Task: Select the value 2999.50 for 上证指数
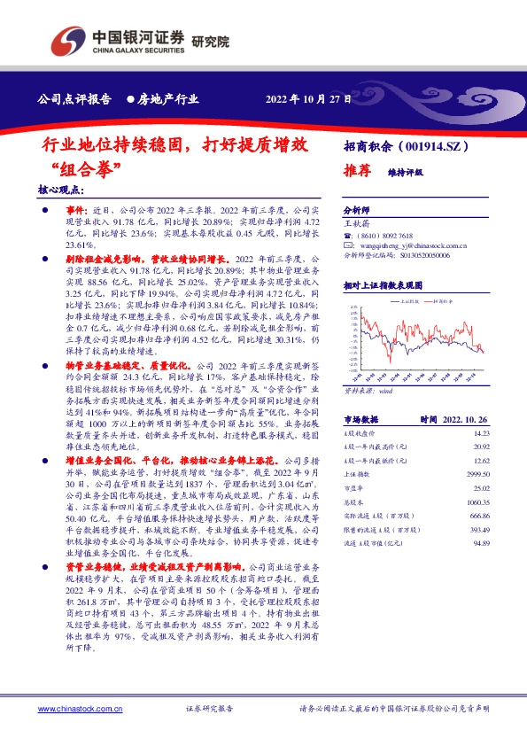(478, 474)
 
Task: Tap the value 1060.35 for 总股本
(478, 501)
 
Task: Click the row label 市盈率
(353, 488)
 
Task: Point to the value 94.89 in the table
(481, 542)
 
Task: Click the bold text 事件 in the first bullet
(78, 206)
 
